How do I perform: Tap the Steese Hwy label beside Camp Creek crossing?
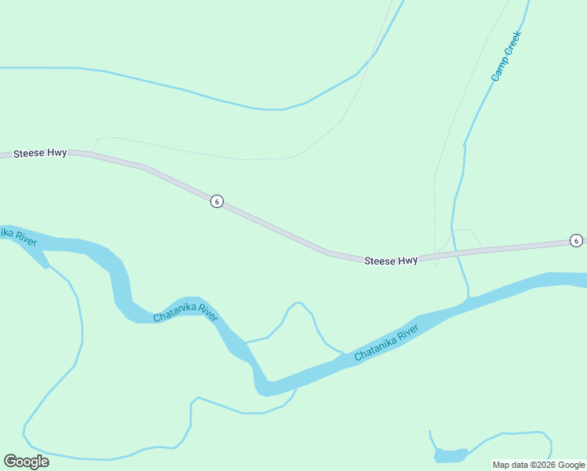click(x=391, y=260)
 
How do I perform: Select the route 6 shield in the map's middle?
click(x=217, y=202)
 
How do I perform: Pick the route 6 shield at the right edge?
click(x=576, y=240)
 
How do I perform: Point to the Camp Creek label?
click(x=506, y=56)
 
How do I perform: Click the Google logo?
click(x=26, y=462)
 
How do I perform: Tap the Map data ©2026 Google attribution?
click(x=538, y=465)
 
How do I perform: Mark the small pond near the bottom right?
click(x=450, y=455)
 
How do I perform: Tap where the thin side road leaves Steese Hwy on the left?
click(x=93, y=152)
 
